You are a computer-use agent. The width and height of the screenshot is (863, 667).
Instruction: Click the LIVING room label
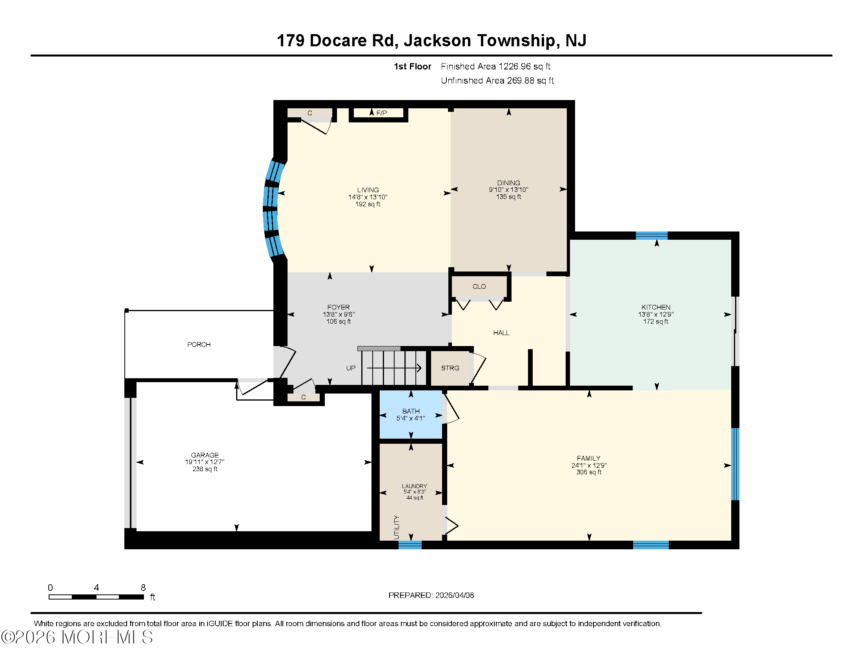tap(368, 190)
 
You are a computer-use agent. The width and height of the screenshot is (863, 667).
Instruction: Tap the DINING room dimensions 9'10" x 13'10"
tap(508, 190)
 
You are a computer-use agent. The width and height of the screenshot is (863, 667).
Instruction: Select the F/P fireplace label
tap(381, 113)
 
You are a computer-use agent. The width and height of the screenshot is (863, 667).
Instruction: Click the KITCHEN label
tap(655, 307)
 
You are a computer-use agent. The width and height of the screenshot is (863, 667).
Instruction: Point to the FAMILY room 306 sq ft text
tap(588, 472)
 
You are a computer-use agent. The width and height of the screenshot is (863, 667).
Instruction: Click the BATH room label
tap(411, 411)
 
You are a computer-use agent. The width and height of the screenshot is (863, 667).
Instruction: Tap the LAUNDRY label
tap(414, 486)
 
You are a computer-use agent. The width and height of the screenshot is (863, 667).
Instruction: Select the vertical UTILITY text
tap(397, 527)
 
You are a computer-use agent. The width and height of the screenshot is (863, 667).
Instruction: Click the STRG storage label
tap(450, 368)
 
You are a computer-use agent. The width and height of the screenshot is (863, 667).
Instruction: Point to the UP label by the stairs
tap(350, 368)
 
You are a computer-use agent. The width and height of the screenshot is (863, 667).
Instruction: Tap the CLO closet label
tap(479, 286)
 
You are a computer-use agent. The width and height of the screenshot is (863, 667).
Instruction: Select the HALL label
tap(501, 333)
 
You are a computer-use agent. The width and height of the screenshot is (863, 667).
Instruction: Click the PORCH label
tap(199, 344)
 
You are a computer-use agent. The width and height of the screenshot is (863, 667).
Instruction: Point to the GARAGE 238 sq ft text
tap(205, 469)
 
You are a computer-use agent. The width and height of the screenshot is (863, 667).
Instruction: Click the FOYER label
tap(338, 307)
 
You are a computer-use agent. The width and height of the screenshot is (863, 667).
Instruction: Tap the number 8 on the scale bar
tap(143, 588)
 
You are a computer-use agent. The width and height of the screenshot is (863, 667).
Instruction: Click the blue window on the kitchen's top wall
tap(651, 236)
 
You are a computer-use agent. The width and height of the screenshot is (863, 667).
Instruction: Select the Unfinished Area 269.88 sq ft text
tap(497, 80)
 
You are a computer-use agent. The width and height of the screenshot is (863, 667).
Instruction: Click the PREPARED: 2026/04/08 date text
tap(431, 595)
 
